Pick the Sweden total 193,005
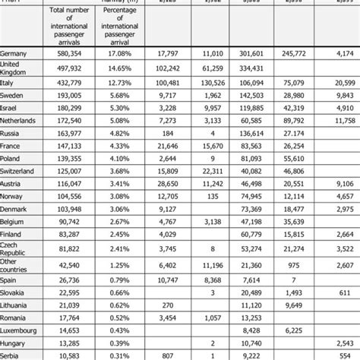[x=66, y=96]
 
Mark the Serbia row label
[x=12, y=354]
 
